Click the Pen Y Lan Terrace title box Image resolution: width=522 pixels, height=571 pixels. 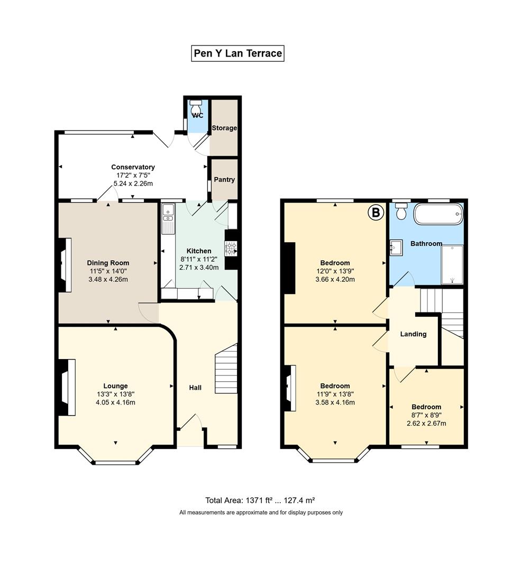[x=237, y=53]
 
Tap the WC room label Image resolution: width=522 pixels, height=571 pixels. [x=198, y=115]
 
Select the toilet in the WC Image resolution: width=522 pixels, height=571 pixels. [x=196, y=106]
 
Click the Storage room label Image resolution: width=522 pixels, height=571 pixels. [x=224, y=128]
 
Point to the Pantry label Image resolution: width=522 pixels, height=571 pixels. [x=224, y=180]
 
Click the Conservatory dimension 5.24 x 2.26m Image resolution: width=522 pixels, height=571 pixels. [x=133, y=183]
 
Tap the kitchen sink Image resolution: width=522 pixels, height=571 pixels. [x=168, y=214]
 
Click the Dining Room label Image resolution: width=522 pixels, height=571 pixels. [x=108, y=263]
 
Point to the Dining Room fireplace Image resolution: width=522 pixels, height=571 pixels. [x=65, y=265]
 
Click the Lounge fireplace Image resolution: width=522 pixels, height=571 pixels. [x=67, y=387]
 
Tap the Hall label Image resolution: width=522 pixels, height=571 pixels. [x=195, y=388]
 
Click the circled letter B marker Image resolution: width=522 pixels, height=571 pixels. [x=376, y=213]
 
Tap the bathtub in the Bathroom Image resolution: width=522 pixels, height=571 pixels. [x=438, y=214]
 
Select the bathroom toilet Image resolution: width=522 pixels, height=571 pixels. [x=401, y=211]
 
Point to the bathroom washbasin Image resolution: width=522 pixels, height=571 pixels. [x=396, y=247]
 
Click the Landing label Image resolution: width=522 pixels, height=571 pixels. [x=413, y=334]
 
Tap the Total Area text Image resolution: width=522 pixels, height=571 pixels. [x=260, y=500]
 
